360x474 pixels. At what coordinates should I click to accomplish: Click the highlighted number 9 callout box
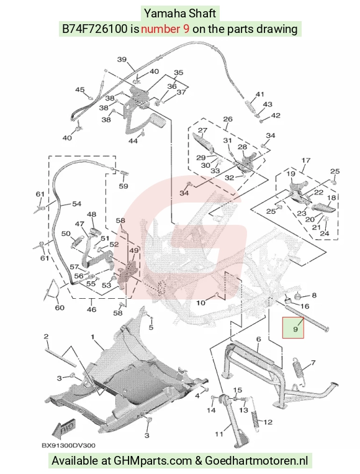pos(293,327)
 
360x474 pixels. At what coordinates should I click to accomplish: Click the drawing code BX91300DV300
pos(68,445)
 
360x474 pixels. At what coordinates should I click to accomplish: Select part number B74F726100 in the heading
pos(94,29)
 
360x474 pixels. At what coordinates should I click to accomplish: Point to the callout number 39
pos(122,59)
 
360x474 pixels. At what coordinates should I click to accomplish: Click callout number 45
pos(80,90)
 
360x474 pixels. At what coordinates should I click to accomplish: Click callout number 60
pos(60,308)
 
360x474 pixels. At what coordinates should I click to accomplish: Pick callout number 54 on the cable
pos(77,204)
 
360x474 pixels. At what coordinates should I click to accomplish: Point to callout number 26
pos(228,119)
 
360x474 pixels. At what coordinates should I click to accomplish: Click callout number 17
pos(306,160)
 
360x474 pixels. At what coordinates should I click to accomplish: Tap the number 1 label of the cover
pos(92,337)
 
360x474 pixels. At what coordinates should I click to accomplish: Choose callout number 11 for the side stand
pos(219,434)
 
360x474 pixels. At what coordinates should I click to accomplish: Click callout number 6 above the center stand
pos(259,339)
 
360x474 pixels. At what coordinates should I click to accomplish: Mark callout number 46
pos(91,309)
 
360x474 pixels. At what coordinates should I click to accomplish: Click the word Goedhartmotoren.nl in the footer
pos(256,461)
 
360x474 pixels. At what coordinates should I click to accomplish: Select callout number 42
pos(276,116)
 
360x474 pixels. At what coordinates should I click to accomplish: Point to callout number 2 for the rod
pos(46,337)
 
